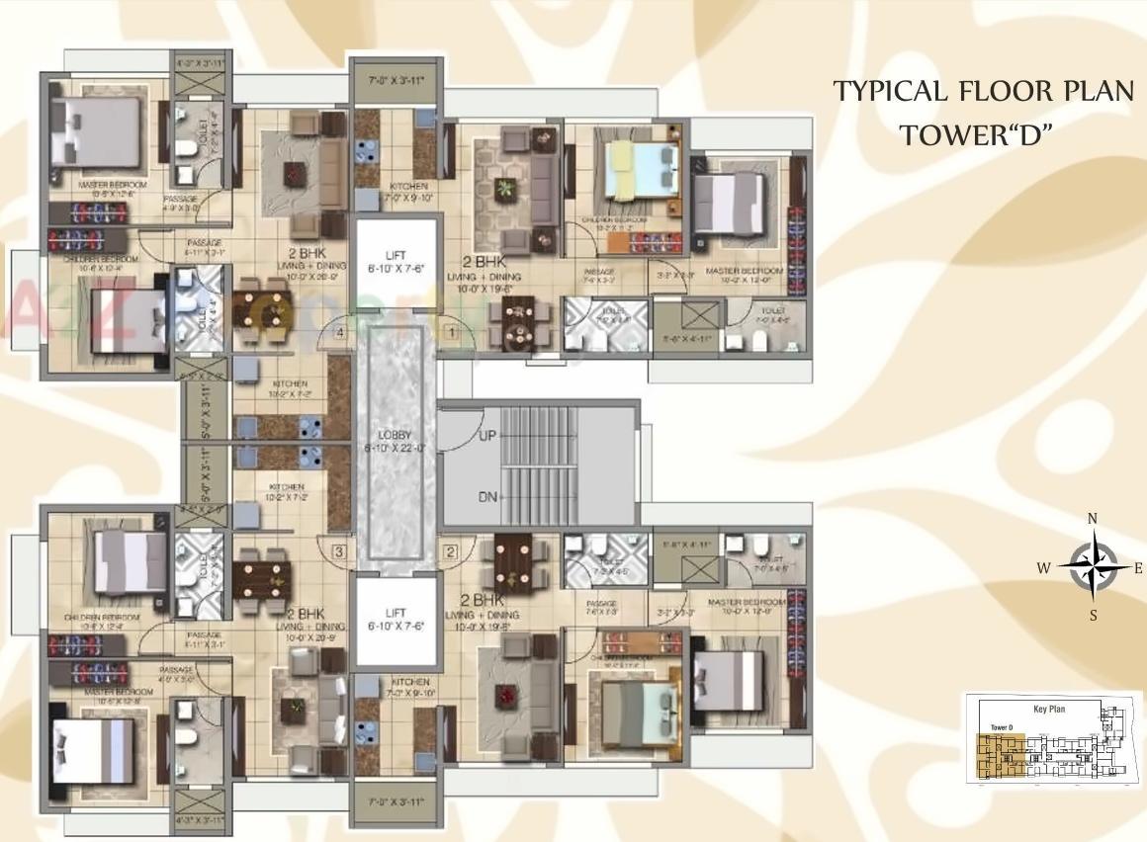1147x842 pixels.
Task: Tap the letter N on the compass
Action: click(1093, 519)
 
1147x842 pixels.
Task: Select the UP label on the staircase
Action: click(487, 435)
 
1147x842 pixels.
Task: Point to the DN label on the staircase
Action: click(487, 497)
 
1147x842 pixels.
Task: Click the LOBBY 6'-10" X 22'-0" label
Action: click(395, 442)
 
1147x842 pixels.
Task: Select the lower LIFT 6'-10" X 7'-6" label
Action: click(396, 620)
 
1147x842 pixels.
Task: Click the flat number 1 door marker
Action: click(451, 334)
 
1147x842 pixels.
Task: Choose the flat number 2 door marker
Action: click(451, 552)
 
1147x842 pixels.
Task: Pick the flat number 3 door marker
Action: click(339, 551)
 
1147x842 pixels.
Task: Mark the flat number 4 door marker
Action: click(339, 334)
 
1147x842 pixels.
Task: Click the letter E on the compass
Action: click(1138, 567)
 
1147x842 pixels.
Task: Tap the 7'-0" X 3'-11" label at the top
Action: click(396, 79)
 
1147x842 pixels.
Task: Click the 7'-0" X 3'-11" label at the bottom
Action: click(396, 801)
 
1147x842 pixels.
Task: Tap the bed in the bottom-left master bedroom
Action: click(91, 749)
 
